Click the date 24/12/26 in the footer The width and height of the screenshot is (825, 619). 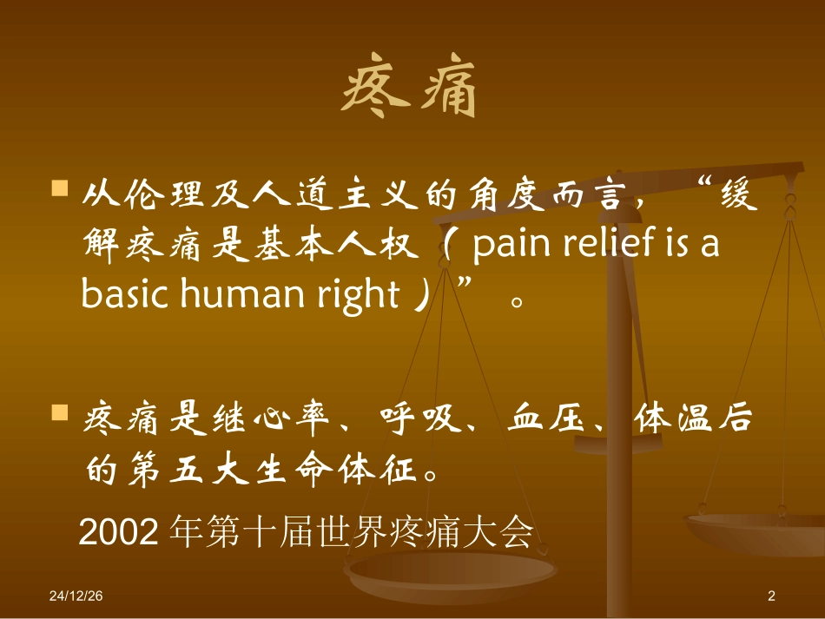coord(76,596)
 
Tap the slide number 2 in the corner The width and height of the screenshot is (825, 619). coord(771,596)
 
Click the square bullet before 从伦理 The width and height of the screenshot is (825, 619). coord(60,189)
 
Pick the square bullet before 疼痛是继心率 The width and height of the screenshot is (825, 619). coord(60,412)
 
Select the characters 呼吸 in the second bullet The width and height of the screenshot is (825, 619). coord(419,420)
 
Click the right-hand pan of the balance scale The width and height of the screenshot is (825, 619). coord(752,530)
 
